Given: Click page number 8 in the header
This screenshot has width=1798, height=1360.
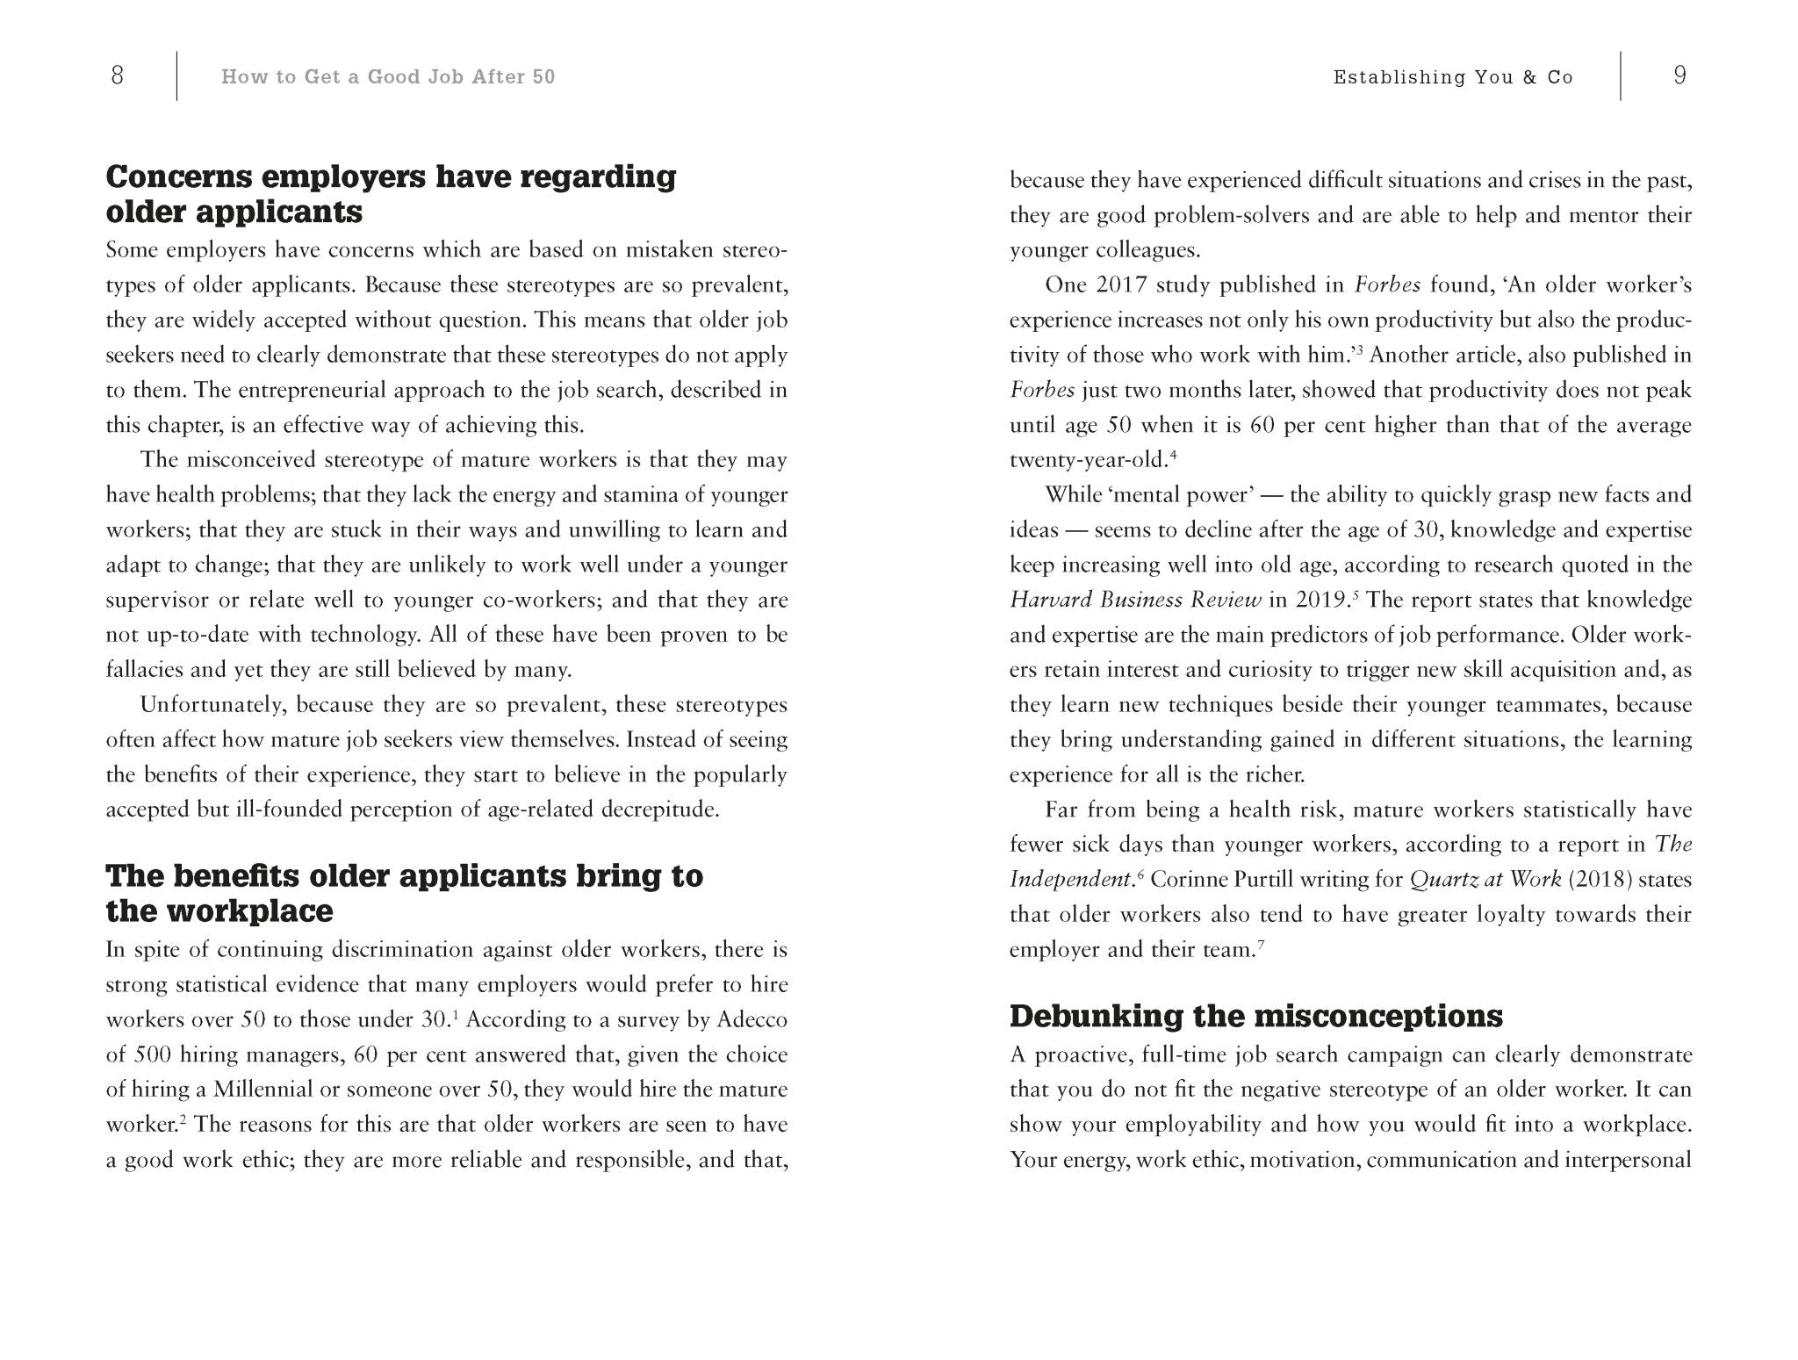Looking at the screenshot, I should (118, 76).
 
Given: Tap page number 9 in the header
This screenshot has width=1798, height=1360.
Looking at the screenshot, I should (1679, 76).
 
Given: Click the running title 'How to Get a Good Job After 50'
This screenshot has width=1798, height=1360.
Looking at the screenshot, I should (388, 77).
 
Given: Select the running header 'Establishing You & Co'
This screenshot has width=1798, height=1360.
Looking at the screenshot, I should (1453, 77).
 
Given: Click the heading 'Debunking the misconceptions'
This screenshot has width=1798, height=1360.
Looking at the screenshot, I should (1255, 1016).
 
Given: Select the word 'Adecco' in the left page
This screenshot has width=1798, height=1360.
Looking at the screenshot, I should (752, 1019).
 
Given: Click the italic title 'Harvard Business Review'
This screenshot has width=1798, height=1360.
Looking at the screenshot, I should (1135, 600).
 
